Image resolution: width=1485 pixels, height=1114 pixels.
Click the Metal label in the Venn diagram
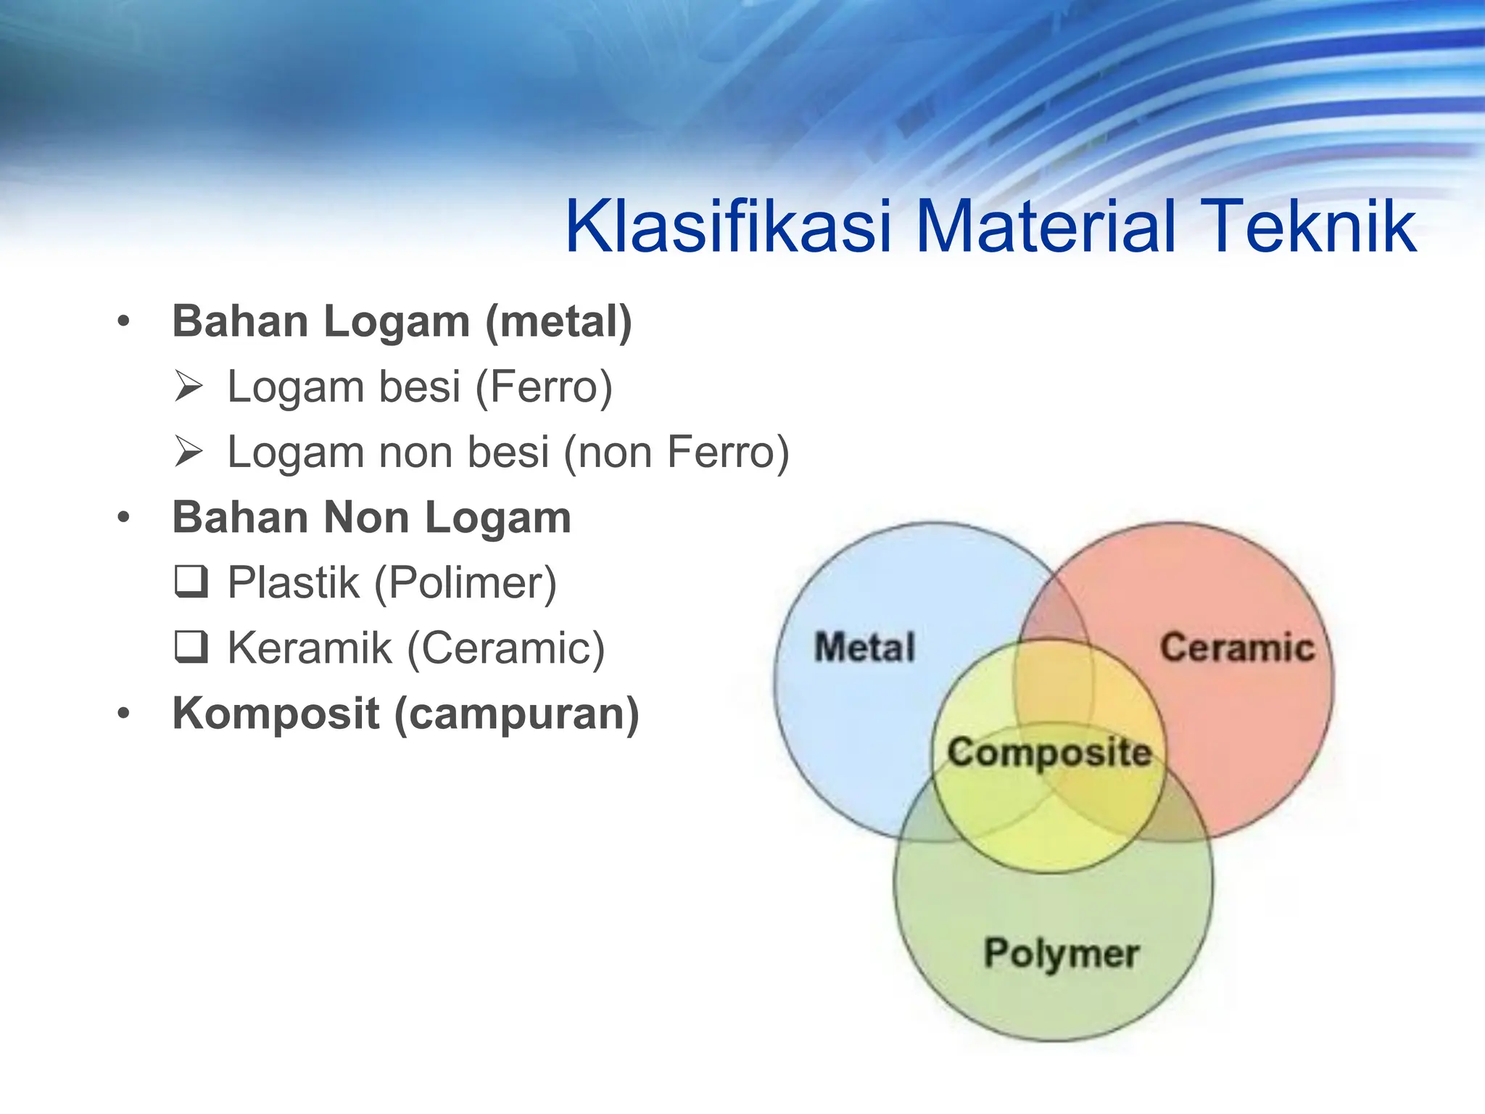pos(864,647)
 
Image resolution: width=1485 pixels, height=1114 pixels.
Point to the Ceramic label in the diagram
pos(1237,647)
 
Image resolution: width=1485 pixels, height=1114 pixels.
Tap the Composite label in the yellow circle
pos(1049,753)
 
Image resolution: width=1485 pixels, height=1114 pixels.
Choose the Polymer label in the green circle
pos(1061,953)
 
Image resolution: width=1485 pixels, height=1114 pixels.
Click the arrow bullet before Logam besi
pos(189,387)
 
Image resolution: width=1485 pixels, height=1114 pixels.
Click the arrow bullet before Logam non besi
pos(189,452)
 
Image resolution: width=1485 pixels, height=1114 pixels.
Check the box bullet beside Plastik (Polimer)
pos(191,582)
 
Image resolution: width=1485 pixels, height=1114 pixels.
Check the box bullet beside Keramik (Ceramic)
pos(191,647)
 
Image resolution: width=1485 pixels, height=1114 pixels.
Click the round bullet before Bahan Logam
pos(124,321)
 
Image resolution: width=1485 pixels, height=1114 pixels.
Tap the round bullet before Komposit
pos(124,713)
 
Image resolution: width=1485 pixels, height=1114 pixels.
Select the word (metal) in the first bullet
pos(558,322)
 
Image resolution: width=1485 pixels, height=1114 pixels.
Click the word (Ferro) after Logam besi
pos(544,387)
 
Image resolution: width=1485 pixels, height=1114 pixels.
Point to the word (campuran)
pos(516,714)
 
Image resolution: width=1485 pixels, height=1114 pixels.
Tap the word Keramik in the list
pos(310,648)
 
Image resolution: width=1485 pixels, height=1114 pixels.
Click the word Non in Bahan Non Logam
pos(367,518)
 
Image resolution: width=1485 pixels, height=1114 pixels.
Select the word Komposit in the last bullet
pos(276,714)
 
